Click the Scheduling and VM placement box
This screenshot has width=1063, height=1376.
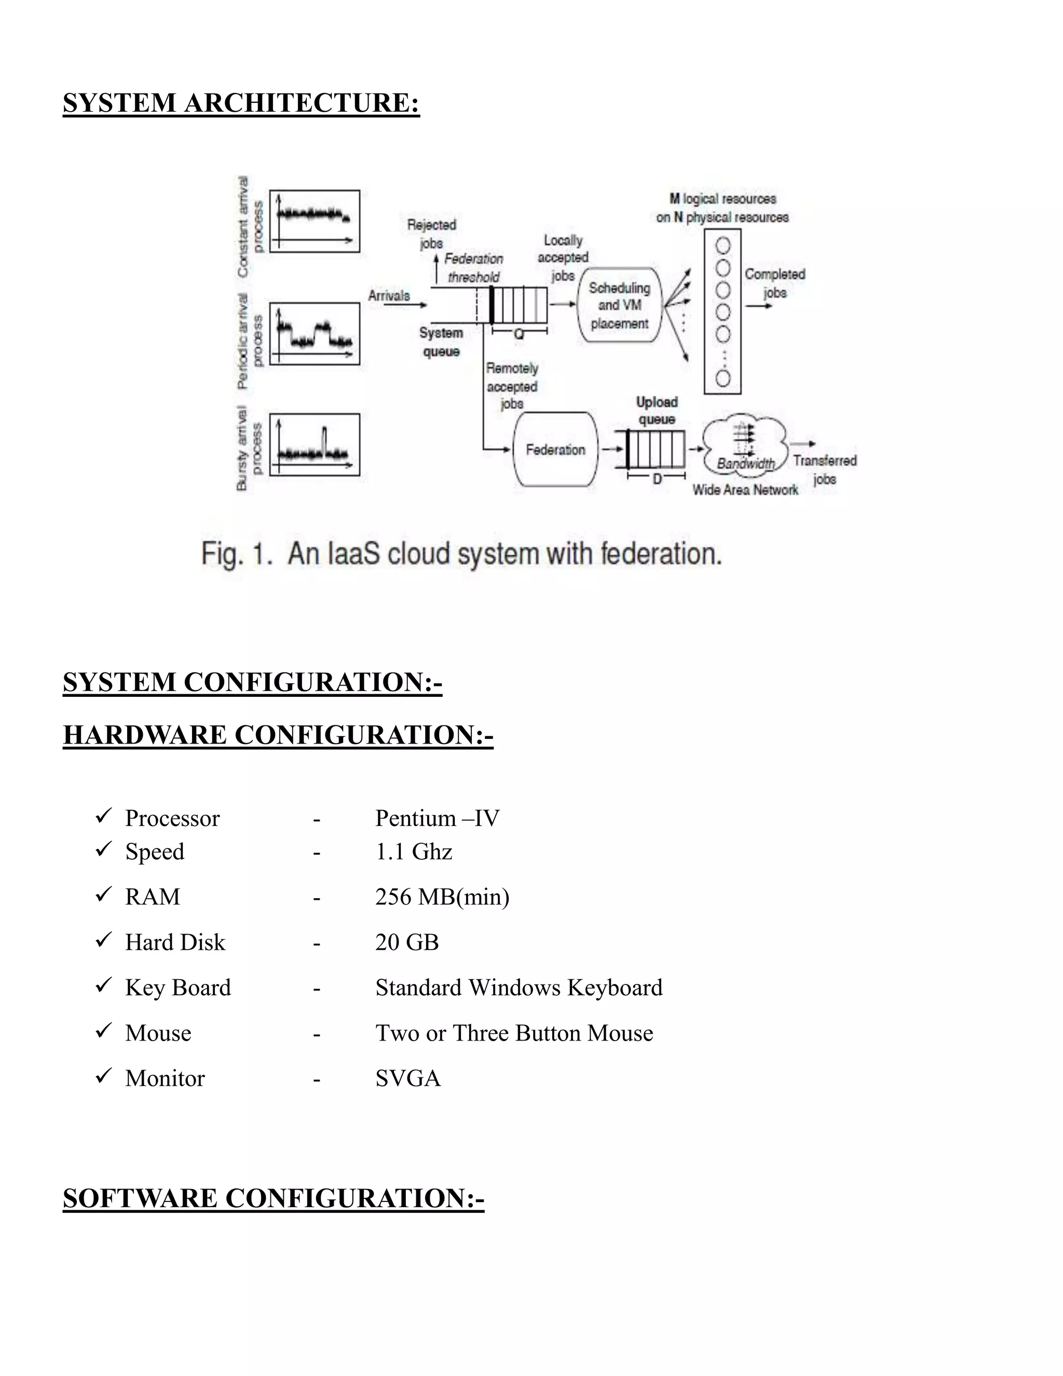620,305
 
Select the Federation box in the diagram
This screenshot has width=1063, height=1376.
555,449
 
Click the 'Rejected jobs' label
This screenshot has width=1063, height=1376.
431,234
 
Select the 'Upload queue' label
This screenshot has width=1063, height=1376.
657,411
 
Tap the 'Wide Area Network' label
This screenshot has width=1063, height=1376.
745,490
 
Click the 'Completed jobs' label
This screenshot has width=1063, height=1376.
774,283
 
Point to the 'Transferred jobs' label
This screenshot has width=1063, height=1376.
824,469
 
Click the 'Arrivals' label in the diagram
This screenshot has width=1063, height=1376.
389,295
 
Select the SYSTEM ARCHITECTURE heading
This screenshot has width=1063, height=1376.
241,103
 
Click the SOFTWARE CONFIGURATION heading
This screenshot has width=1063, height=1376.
274,1198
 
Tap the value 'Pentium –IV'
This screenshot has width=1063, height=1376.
437,818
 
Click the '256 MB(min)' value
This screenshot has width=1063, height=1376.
442,897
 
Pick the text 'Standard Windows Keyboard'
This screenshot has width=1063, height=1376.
519,987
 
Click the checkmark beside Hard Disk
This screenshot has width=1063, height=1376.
103,941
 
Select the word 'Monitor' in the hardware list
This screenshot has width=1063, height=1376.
165,1078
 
